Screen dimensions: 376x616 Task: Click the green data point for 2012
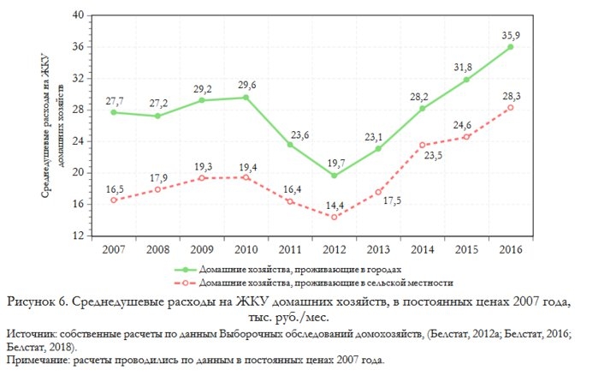[x=334, y=176]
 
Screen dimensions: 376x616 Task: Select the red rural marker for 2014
[x=423, y=145]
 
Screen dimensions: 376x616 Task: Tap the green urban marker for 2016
[x=511, y=47]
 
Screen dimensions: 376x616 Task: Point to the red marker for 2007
[x=113, y=200]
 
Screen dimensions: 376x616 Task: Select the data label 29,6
[x=246, y=86]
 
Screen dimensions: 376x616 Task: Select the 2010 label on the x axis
[x=246, y=250]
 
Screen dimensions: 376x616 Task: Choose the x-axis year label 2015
[x=466, y=250]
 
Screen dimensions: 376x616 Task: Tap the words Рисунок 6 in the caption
[x=38, y=301]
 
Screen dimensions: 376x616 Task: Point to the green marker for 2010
[x=246, y=98]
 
